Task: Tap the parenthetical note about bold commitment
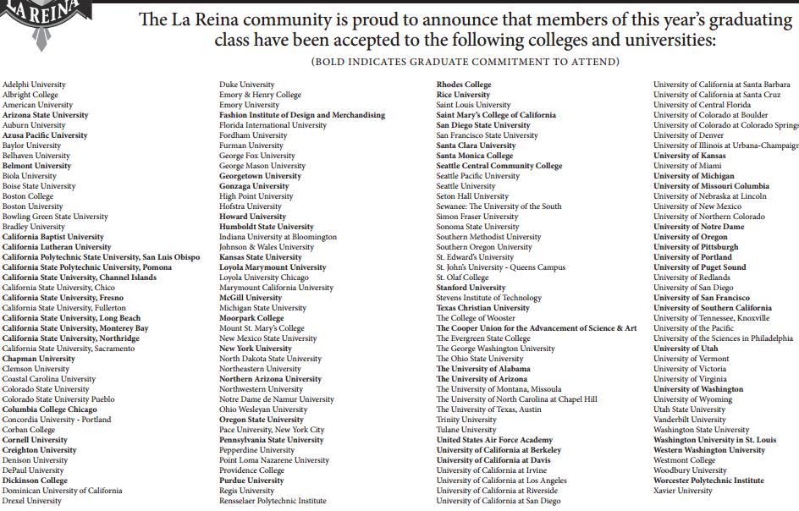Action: pyautogui.click(x=465, y=62)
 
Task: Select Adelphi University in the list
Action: pyautogui.click(x=34, y=85)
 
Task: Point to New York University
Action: pyautogui.click(x=256, y=349)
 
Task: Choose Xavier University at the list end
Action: pyautogui.click(x=683, y=491)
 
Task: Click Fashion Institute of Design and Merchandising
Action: pyautogui.click(x=302, y=115)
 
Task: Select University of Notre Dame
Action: pyautogui.click(x=699, y=227)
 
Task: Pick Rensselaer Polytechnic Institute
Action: pyautogui.click(x=273, y=501)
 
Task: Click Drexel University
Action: pyautogui.click(x=32, y=501)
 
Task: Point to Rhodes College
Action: pyautogui.click(x=464, y=85)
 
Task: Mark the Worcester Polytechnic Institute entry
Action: pyautogui.click(x=708, y=481)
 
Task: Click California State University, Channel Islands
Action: pyautogui.click(x=80, y=277)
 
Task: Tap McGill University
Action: pyautogui.click(x=251, y=298)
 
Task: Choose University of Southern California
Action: pyautogui.click(x=713, y=308)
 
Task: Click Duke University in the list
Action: pyautogui.click(x=247, y=85)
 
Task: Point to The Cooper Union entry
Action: pyautogui.click(x=537, y=328)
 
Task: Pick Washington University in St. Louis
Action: pyautogui.click(x=714, y=440)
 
